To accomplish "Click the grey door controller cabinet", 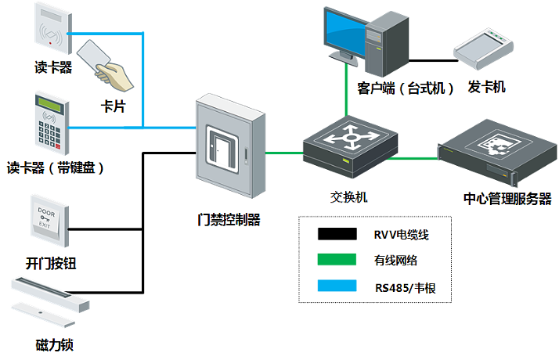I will (x=225, y=149).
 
